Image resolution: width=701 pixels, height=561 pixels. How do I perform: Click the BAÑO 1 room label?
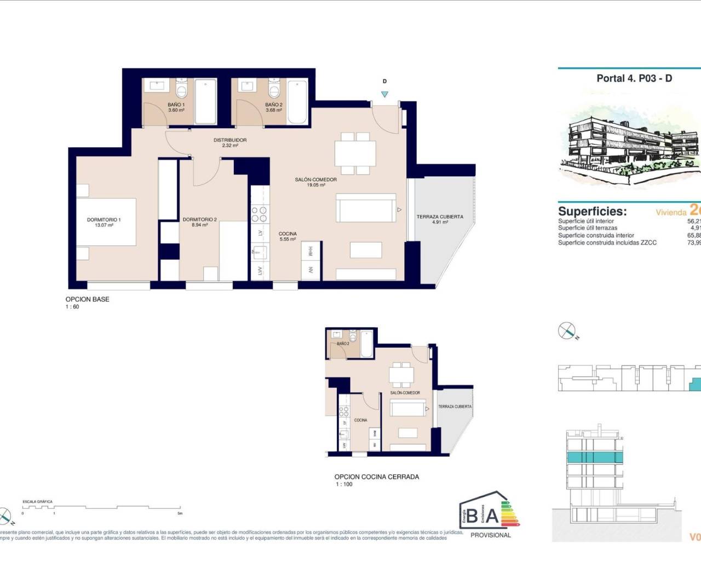(176, 107)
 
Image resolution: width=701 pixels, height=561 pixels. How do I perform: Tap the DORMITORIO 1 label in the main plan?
(104, 222)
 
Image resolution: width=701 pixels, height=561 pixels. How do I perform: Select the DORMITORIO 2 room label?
(199, 222)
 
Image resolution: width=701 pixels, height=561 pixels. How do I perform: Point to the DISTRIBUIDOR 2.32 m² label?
(230, 142)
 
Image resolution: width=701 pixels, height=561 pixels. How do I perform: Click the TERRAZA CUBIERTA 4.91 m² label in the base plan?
(440, 219)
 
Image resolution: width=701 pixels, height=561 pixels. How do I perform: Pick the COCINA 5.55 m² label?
(288, 237)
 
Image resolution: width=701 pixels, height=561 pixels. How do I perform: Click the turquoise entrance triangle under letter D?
(384, 94)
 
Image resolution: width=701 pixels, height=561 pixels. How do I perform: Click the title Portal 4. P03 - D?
(634, 78)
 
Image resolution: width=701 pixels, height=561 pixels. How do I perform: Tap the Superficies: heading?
(592, 211)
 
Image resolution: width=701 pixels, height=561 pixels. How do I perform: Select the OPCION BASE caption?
(87, 299)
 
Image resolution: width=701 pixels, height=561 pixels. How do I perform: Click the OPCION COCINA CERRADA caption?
(376, 477)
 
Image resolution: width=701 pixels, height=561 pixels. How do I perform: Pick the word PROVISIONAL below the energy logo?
(490, 535)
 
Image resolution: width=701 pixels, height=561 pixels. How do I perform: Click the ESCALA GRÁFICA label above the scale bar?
(37, 502)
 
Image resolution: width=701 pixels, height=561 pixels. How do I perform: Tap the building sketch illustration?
(630, 145)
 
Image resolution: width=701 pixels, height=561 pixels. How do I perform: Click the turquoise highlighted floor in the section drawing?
(594, 458)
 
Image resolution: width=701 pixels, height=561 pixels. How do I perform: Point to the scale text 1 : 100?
(344, 484)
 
